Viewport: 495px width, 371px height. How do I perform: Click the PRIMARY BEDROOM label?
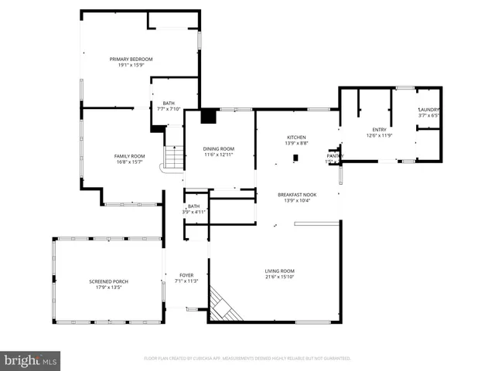click(131, 59)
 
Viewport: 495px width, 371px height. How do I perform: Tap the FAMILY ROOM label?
click(130, 156)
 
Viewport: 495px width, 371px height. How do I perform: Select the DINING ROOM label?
click(219, 148)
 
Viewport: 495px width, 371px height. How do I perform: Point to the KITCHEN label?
click(297, 137)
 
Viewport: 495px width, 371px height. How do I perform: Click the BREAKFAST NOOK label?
click(298, 195)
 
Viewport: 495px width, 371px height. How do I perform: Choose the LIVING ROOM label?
click(280, 271)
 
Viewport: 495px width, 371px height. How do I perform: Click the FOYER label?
click(186, 275)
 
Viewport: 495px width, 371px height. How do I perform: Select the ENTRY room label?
click(379, 130)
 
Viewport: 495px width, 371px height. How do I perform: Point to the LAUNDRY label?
click(429, 110)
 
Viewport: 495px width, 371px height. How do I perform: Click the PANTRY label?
click(335, 156)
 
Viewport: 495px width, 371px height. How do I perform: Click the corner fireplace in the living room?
click(225, 305)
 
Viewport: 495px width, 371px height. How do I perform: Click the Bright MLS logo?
click(31, 360)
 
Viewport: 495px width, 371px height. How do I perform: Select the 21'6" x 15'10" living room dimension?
click(280, 277)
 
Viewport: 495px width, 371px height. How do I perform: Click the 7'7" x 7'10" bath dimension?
click(169, 109)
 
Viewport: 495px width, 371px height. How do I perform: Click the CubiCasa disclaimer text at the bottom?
click(247, 359)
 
